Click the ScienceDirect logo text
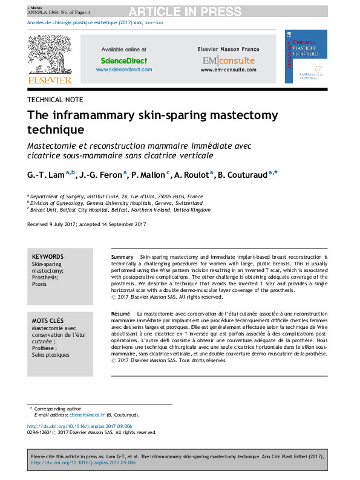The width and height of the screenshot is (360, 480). (123, 60)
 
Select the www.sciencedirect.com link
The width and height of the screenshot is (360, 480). (123, 70)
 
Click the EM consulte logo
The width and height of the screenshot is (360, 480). (228, 60)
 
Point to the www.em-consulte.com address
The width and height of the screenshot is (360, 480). (228, 70)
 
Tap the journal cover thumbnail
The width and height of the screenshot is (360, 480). (306, 57)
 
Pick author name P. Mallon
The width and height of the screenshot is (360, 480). (148, 174)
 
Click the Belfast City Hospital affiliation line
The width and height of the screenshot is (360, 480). (120, 210)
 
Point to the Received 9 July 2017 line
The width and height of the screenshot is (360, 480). (87, 224)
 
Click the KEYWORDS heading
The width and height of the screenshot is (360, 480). (48, 257)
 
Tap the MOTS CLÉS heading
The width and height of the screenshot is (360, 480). (48, 320)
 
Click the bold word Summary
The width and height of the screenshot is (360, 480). (123, 258)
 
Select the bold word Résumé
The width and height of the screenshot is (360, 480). (121, 314)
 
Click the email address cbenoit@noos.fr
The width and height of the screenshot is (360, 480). (87, 415)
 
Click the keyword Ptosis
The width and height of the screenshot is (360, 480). (39, 284)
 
